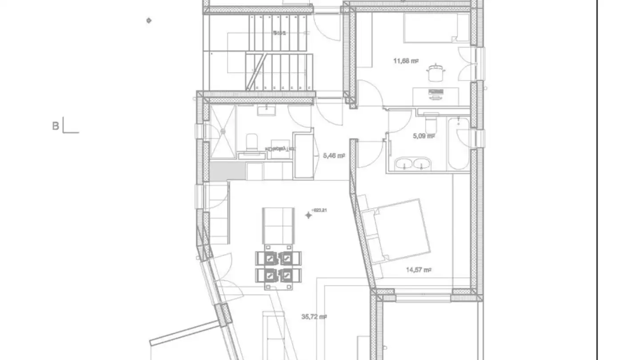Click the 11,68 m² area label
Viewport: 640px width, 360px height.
click(406, 61)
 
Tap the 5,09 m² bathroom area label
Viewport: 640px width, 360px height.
click(423, 136)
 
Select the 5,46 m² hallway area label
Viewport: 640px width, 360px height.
click(334, 156)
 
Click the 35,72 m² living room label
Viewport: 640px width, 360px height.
click(314, 317)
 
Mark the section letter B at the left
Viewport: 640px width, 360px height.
click(56, 126)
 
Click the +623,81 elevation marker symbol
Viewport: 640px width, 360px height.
click(308, 215)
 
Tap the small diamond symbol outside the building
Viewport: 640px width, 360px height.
click(149, 20)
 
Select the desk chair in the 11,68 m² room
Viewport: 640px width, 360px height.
click(435, 73)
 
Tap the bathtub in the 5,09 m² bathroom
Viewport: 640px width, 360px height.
click(458, 143)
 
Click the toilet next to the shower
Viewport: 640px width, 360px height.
click(252, 141)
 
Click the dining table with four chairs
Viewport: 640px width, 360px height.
click(278, 267)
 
